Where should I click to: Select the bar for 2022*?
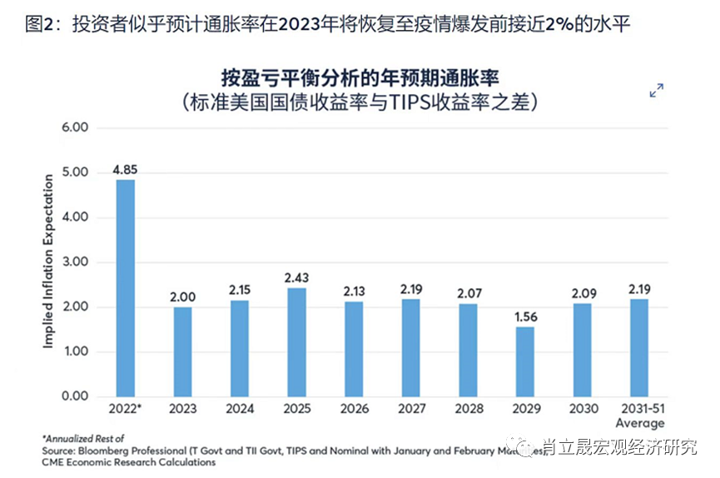tap(125, 287)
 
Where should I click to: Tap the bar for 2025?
tap(297, 341)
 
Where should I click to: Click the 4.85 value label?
tap(125, 170)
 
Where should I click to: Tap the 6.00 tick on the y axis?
tap(75, 127)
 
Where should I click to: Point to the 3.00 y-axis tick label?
tap(75, 262)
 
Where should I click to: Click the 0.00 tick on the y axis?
tap(75, 396)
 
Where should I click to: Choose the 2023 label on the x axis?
tap(182, 411)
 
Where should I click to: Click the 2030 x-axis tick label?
tap(583, 411)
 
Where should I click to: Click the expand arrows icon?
tap(657, 91)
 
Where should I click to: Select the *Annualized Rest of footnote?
tap(82, 438)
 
